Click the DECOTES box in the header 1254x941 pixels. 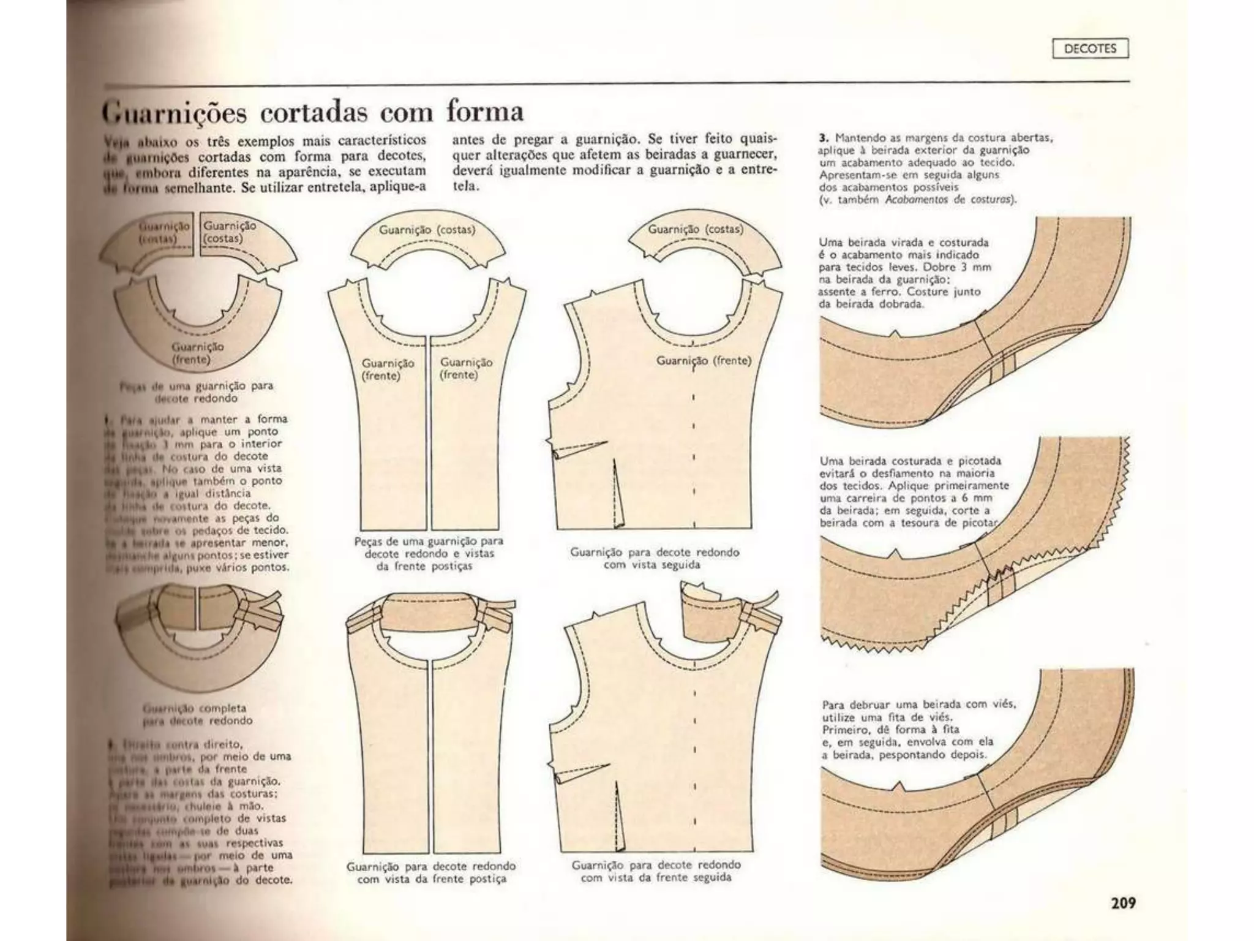[x=1090, y=48]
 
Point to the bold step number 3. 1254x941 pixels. [x=823, y=138]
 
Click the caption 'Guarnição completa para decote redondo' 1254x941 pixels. [x=197, y=714]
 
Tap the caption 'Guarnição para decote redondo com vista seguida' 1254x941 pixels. [x=655, y=558]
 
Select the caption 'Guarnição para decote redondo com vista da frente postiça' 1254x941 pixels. [x=430, y=872]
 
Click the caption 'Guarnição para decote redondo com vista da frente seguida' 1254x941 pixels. [x=656, y=871]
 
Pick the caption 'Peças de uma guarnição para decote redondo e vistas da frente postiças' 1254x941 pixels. [x=429, y=554]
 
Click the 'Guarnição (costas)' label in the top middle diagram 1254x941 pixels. [x=427, y=230]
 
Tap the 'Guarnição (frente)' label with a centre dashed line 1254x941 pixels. [x=704, y=361]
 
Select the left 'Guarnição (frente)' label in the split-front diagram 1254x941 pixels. [x=388, y=369]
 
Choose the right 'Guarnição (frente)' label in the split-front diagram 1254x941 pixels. [x=466, y=368]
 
